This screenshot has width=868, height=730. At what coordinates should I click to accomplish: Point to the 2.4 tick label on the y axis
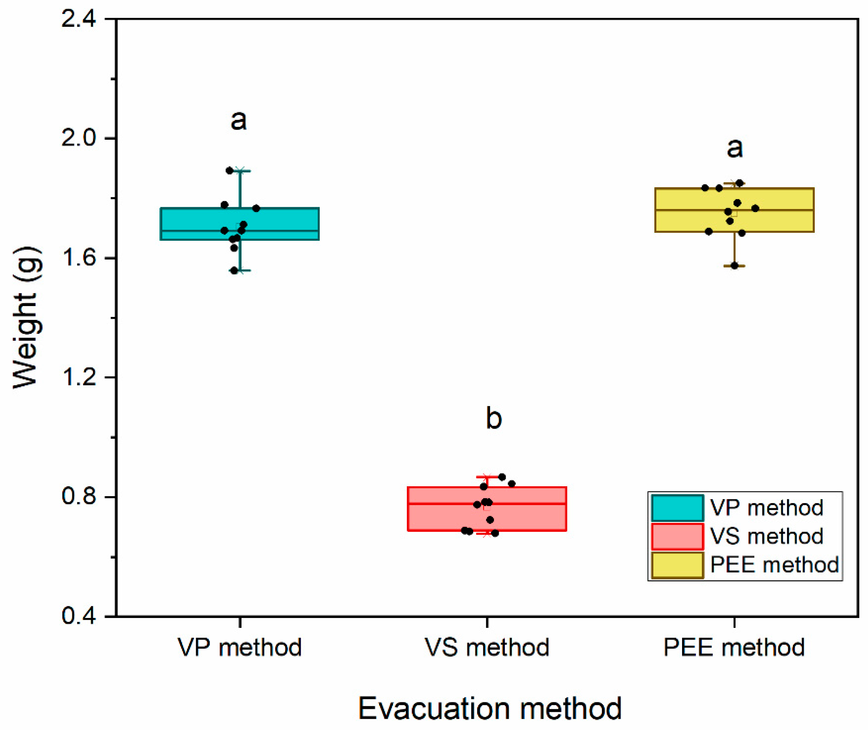click(x=79, y=19)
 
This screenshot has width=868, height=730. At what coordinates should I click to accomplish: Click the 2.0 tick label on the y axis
click(x=79, y=138)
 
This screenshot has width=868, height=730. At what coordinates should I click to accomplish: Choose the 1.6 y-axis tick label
click(x=79, y=258)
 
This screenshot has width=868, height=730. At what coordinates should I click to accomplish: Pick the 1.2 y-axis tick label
click(x=79, y=377)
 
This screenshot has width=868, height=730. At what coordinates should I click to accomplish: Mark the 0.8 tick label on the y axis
click(x=79, y=496)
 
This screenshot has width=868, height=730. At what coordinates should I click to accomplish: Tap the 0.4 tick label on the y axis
click(x=79, y=616)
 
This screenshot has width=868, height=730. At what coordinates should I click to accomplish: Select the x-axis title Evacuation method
click(x=490, y=708)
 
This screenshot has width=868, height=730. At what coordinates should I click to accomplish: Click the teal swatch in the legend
click(x=677, y=508)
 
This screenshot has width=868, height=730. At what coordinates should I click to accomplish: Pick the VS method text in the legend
click(x=766, y=536)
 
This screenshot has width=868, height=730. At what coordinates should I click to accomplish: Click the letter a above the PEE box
click(x=735, y=148)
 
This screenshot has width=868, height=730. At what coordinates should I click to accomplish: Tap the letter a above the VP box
click(x=239, y=120)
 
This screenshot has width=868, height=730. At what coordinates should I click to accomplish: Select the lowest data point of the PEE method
click(x=735, y=266)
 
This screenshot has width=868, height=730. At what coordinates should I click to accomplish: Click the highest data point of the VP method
click(x=230, y=170)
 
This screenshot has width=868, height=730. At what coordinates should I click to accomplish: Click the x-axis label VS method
click(x=487, y=647)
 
